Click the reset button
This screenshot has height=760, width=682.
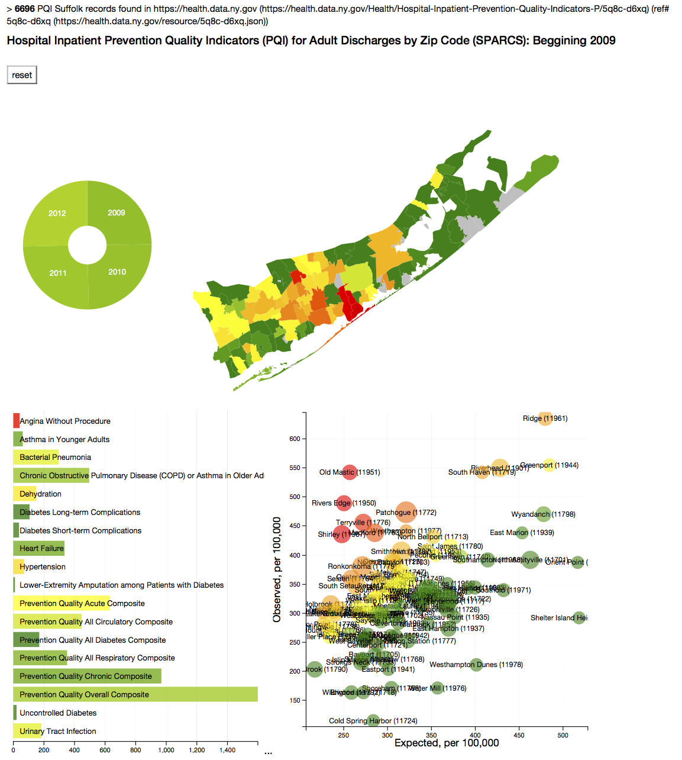coord(22,75)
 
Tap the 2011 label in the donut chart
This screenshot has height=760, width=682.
coord(58,273)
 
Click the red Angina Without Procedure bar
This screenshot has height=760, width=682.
coord(17,421)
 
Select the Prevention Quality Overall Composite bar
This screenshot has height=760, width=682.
coord(135,694)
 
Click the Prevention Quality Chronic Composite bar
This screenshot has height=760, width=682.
coord(87,676)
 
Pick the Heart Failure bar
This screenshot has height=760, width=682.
coord(39,549)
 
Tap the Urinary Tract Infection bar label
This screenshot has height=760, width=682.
coord(57,731)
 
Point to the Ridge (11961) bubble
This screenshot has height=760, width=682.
coord(545,418)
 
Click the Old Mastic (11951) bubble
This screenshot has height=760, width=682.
coord(350,472)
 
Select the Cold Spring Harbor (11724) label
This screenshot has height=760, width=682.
coord(373,720)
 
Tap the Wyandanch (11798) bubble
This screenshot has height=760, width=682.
coord(544,514)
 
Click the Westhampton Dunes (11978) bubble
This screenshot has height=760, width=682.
coord(476,665)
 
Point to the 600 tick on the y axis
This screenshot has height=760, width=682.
coord(295,439)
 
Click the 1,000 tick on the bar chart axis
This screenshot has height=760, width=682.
coord(166,750)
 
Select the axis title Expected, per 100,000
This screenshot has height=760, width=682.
coord(447,743)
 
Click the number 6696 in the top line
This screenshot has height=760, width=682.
coord(25,9)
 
